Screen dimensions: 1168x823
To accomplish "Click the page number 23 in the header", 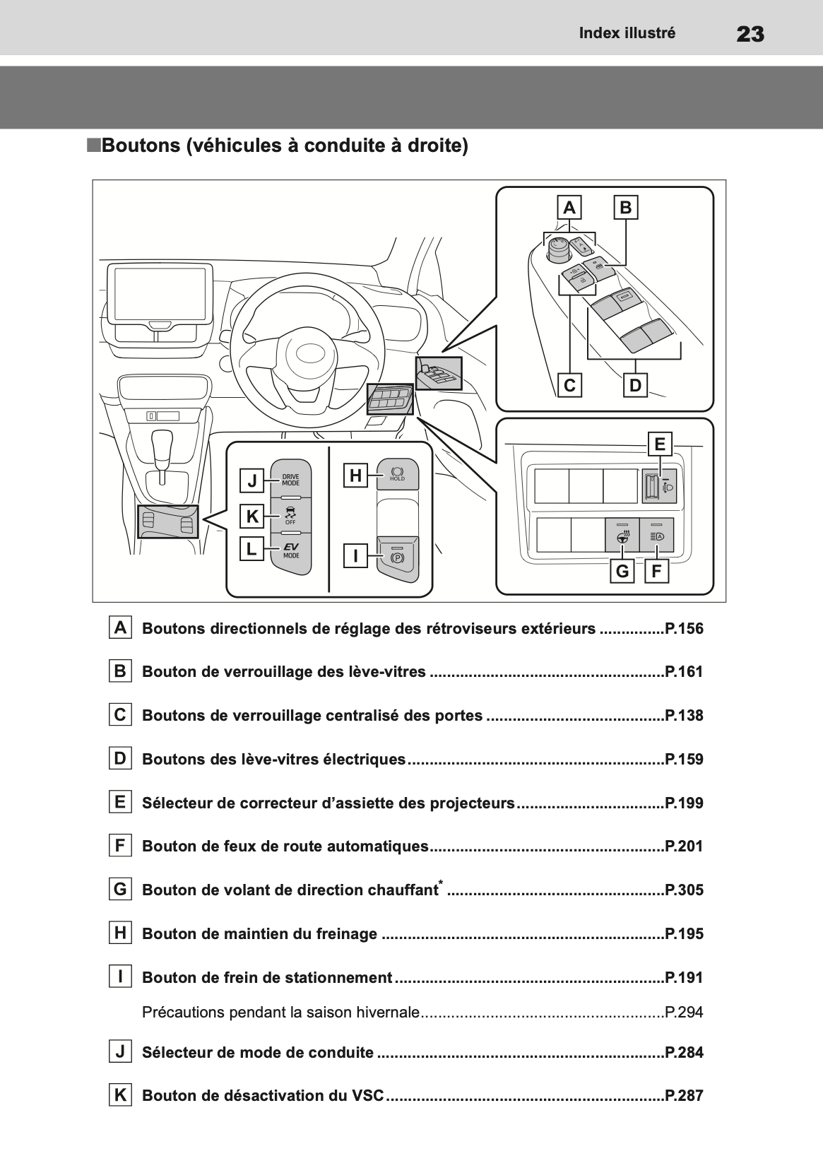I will click(x=750, y=34).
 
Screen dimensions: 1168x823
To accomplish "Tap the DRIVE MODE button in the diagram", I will click(x=290, y=480).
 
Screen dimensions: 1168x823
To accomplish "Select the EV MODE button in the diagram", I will click(x=290, y=550).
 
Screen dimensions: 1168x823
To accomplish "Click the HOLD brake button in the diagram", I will click(x=397, y=473).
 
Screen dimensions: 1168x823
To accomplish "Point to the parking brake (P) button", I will click(x=396, y=557).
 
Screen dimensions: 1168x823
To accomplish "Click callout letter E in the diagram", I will click(x=660, y=444).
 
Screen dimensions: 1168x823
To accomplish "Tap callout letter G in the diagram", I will click(x=622, y=571).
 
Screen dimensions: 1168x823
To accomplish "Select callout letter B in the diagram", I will click(x=626, y=208).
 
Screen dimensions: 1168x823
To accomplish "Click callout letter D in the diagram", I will click(x=635, y=386).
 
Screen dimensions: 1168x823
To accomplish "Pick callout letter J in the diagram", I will click(x=252, y=481).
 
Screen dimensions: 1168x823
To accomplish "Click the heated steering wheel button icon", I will click(x=622, y=536).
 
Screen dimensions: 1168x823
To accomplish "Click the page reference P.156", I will click(x=684, y=629).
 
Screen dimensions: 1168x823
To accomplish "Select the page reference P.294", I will click(x=684, y=1013).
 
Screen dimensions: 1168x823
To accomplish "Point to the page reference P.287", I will click(x=684, y=1096).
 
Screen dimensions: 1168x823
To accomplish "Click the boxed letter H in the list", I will click(x=121, y=933).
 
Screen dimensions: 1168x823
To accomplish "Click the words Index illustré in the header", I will click(x=627, y=33).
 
